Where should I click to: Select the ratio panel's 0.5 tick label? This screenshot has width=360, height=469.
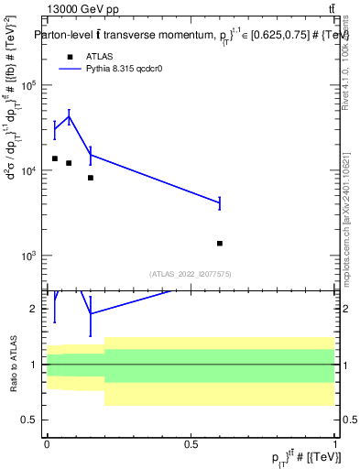(30, 420)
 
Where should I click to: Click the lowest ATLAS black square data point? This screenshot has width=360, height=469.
(220, 244)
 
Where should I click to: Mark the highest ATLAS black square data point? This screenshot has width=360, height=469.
(54, 158)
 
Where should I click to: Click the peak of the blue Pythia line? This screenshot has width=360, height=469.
(69, 115)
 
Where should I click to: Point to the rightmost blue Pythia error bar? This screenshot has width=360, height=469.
(220, 202)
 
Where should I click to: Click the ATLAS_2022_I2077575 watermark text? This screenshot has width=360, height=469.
(191, 273)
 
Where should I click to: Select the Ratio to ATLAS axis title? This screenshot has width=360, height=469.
(13, 365)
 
